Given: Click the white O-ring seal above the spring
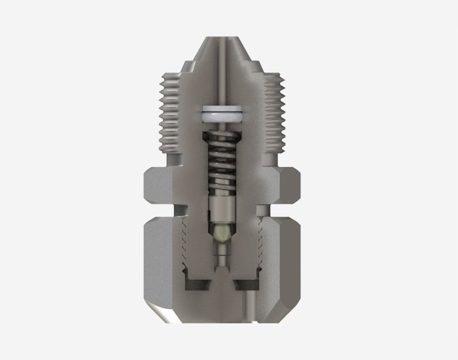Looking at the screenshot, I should pyautogui.click(x=222, y=113).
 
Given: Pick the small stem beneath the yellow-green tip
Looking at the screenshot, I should pyautogui.click(x=222, y=252).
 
